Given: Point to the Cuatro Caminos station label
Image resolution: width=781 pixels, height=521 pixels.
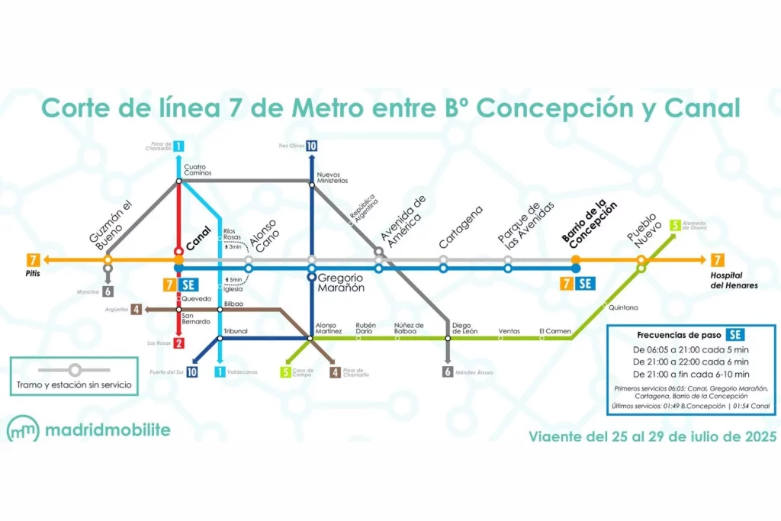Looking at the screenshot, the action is (198, 169).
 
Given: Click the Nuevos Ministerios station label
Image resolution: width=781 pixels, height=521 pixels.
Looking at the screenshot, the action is (332, 177).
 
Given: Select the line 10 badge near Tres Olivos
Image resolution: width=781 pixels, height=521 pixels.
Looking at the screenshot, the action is (311, 146).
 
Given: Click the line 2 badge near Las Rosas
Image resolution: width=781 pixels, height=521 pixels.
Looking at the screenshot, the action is (178, 343).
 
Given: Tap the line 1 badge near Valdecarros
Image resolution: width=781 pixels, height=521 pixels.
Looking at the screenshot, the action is (220, 372).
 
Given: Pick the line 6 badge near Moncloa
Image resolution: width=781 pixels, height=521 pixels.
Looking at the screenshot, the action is (108, 291).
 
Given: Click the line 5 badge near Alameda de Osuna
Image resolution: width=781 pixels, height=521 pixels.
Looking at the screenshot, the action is (675, 226).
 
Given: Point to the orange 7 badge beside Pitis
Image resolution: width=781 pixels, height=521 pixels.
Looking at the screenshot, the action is (33, 259).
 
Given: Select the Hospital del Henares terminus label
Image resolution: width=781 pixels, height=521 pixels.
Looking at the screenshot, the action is (734, 280).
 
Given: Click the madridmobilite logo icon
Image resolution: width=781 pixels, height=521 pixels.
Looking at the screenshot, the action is (23, 430).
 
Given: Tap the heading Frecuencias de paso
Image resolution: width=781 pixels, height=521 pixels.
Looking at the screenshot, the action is (680, 334).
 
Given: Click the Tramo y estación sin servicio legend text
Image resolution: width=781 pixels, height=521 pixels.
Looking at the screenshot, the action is (74, 385).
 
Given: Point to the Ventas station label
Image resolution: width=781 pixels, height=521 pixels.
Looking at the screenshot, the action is (509, 331).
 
